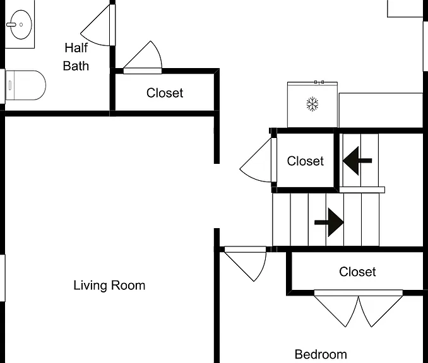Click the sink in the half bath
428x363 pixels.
(21, 25)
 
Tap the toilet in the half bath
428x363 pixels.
(26, 85)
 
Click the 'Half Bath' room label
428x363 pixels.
(76, 57)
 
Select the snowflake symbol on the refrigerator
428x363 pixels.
(312, 104)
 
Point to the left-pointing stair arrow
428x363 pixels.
(357, 161)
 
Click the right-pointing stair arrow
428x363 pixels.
(329, 222)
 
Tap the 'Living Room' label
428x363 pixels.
(109, 285)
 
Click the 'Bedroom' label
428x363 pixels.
(321, 354)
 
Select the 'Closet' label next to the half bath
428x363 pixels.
(165, 93)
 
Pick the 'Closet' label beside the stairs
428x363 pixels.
(305, 161)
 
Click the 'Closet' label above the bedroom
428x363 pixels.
(357, 272)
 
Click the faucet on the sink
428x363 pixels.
(11, 25)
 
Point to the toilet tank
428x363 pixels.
(10, 85)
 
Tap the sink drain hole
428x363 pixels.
(21, 25)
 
